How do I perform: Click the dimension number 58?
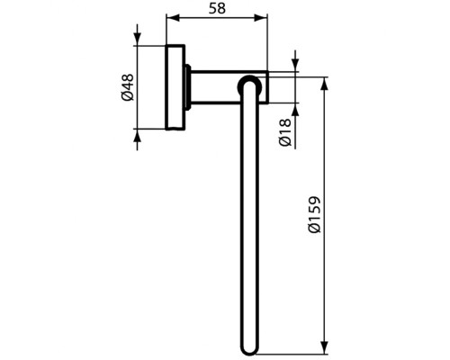[x=218, y=8]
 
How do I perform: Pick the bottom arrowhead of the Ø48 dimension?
[x=137, y=133]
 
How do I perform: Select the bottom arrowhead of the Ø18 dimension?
[x=294, y=99]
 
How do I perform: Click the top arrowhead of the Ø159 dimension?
[x=324, y=82]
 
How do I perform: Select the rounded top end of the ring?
[x=250, y=84]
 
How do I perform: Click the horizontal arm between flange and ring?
[x=216, y=86]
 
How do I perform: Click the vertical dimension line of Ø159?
[x=324, y=270]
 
